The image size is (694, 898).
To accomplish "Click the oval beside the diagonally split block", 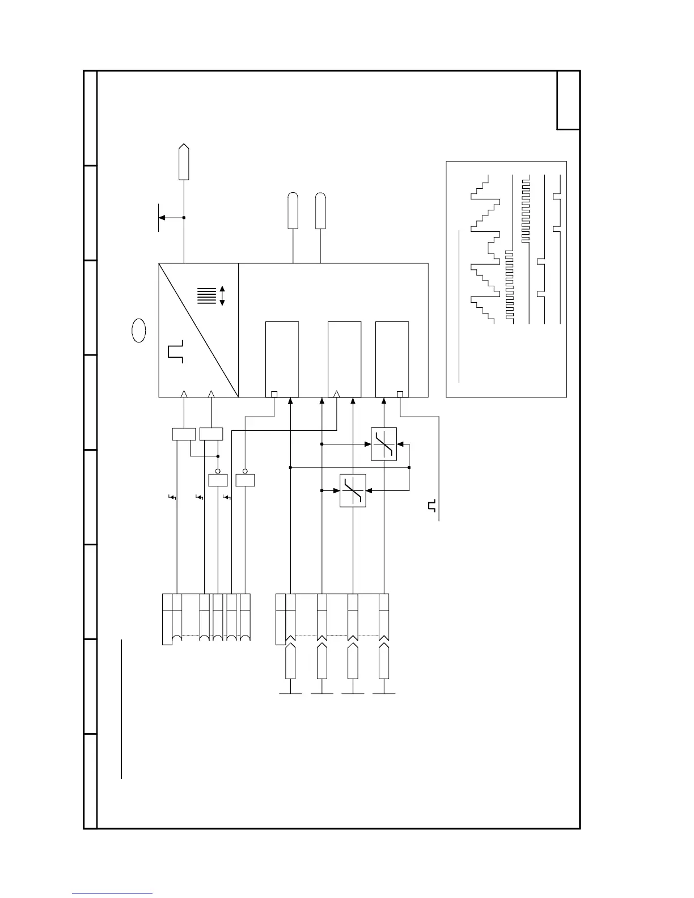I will [139, 331].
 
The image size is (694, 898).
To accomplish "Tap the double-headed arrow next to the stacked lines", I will [222, 296].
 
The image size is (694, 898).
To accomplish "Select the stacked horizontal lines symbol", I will [207, 296].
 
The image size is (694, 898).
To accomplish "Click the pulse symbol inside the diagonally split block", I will [175, 351].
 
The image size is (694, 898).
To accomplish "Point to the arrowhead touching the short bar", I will [162, 218].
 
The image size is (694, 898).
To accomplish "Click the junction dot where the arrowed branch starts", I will [184, 218].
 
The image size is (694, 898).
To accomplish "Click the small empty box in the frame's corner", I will [568, 100].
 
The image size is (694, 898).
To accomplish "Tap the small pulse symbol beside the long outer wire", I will [432, 506].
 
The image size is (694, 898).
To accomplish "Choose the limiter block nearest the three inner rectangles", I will [384, 444].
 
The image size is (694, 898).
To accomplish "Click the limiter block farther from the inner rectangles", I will [353, 490].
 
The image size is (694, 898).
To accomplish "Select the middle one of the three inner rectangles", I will [345, 359].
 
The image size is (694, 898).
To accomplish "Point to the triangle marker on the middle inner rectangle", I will [337, 393].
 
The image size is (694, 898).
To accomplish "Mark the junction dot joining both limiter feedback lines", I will [409, 467].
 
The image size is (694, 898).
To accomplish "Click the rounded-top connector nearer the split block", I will [293, 211].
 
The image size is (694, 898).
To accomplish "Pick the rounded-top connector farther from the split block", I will [321, 211].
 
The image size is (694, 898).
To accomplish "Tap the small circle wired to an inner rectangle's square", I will [245, 471].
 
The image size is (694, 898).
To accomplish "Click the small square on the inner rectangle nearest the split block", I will [274, 394].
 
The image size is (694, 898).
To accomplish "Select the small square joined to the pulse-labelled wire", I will [400, 394].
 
